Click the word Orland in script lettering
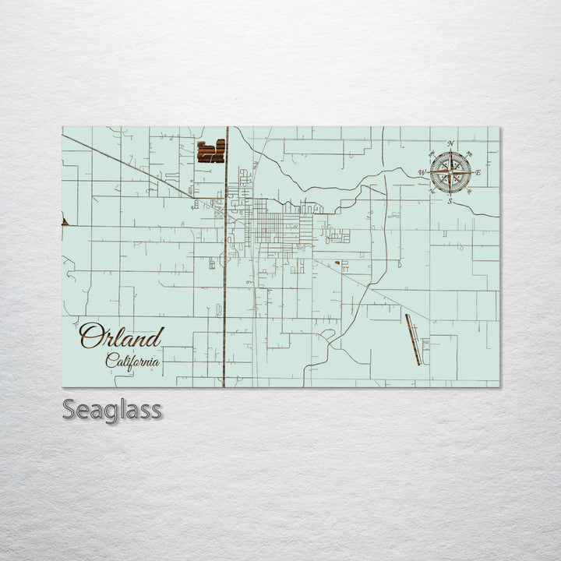121,337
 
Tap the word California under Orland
133,361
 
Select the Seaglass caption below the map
112,409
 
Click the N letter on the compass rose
450,143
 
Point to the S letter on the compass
450,201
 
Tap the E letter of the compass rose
478,172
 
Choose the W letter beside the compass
422,172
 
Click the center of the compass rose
450,172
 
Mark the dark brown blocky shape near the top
210,151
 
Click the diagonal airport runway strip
413,339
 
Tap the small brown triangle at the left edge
65,222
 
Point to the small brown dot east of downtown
337,263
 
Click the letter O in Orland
91,337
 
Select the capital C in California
111,360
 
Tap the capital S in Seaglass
69,409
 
